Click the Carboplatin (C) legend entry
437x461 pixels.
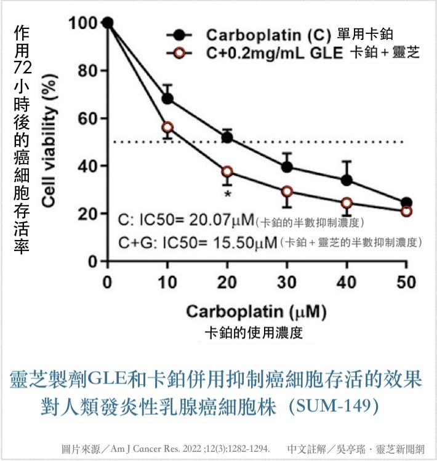click(264, 34)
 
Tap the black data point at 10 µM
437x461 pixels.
click(167, 98)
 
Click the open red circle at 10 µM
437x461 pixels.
click(167, 127)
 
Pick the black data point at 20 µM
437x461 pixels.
click(227, 137)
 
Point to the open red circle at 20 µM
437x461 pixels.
click(227, 172)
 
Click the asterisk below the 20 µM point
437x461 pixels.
click(228, 194)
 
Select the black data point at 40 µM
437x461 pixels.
click(347, 180)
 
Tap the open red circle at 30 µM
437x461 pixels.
click(287, 191)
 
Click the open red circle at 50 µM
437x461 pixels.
click(406, 211)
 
